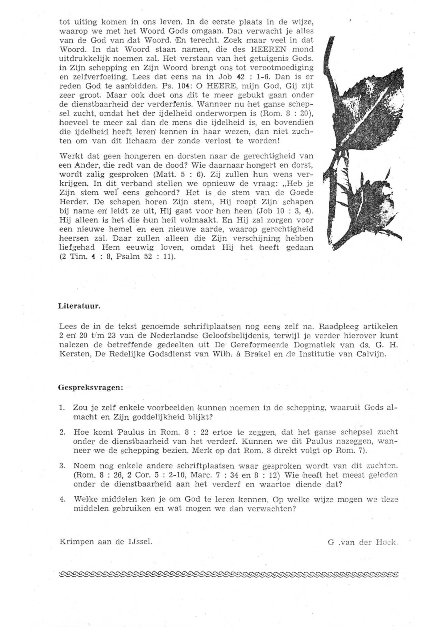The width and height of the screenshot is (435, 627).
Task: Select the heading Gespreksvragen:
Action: (91, 388)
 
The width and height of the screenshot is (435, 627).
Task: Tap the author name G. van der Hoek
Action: (363, 543)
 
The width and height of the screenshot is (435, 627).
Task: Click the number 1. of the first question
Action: (62, 408)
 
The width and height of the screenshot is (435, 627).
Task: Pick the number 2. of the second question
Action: (62, 432)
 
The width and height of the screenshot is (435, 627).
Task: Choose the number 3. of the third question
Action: (62, 466)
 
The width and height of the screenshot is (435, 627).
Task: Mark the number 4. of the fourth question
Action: (62, 499)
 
